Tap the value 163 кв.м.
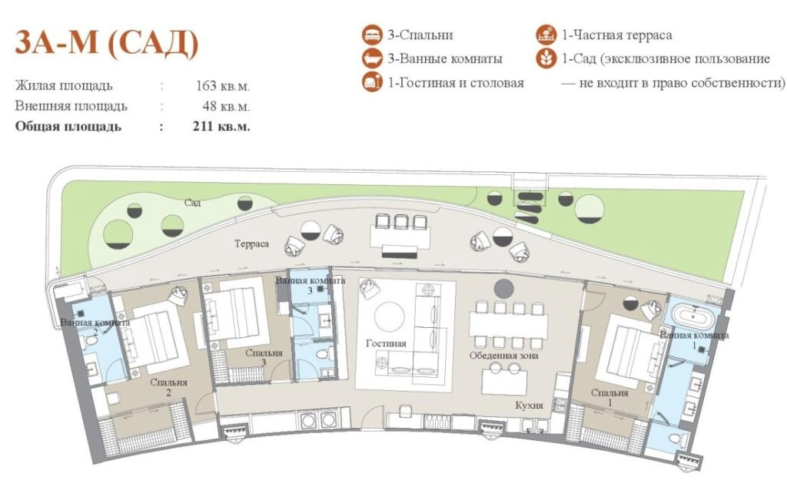pos(222,86)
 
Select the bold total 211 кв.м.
pos(221,126)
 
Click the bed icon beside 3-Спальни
pos(372,35)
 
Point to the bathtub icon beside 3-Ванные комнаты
pos(372,58)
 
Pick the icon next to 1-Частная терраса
pos(546,35)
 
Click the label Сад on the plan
pos(192,203)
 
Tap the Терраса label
pos(251,243)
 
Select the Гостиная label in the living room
pos(386,343)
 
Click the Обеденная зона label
pos(504,356)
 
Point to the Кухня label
pos(529,405)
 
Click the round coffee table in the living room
pos(390,316)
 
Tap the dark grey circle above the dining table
pos(504,289)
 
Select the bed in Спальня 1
pos(631,356)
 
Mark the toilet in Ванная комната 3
pos(320,355)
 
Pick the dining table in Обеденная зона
pos(509,324)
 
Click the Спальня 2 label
pos(168,387)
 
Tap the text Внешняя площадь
pos(71,106)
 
